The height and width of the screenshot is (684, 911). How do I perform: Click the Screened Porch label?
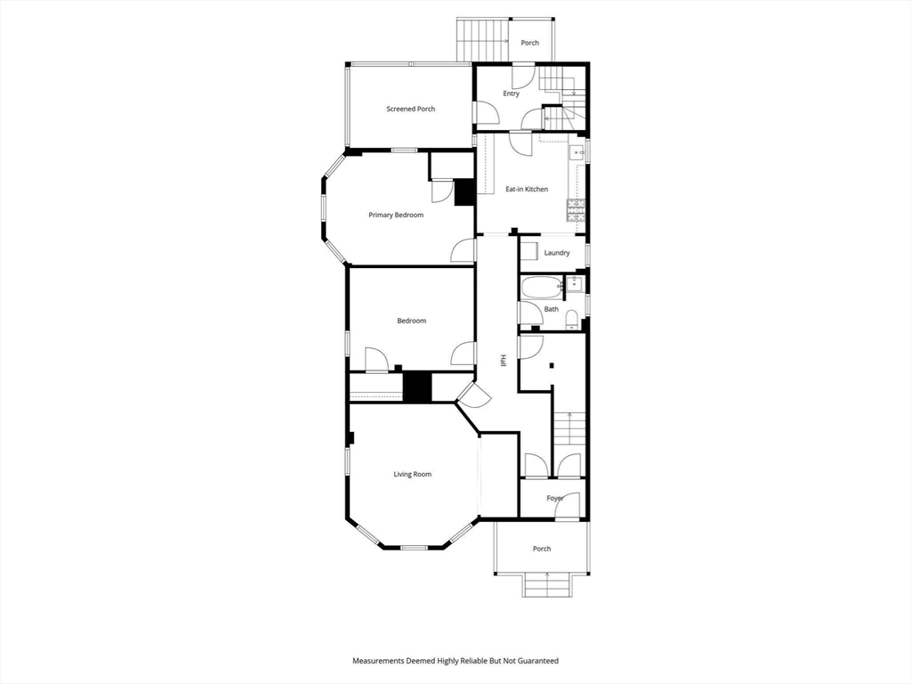[x=411, y=109]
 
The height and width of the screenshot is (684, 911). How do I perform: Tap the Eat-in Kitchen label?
[x=527, y=189]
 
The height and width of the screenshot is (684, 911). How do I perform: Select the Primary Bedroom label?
[x=396, y=216]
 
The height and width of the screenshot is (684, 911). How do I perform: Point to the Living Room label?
[x=413, y=475]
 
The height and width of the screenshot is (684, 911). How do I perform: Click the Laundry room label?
[x=557, y=253]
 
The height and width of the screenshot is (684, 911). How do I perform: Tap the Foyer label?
[x=555, y=499]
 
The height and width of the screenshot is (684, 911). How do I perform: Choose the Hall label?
[x=504, y=361]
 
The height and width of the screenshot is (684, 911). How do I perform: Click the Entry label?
[x=512, y=94]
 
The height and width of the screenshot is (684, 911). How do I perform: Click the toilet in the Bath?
[x=572, y=319]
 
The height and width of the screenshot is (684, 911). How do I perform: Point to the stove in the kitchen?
[x=576, y=210]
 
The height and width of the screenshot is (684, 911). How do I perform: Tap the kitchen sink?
[x=578, y=152]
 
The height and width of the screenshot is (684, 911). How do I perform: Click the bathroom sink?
[x=575, y=283]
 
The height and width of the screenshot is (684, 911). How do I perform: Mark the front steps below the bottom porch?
[x=547, y=585]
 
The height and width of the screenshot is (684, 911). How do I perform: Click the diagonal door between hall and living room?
[x=474, y=395]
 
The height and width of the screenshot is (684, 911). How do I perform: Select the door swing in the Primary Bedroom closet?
[x=442, y=191]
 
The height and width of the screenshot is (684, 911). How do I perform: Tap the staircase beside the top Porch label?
[x=483, y=39]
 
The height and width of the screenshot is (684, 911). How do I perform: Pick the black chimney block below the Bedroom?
[x=418, y=387]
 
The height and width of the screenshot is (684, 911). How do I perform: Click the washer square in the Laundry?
[x=529, y=252]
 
